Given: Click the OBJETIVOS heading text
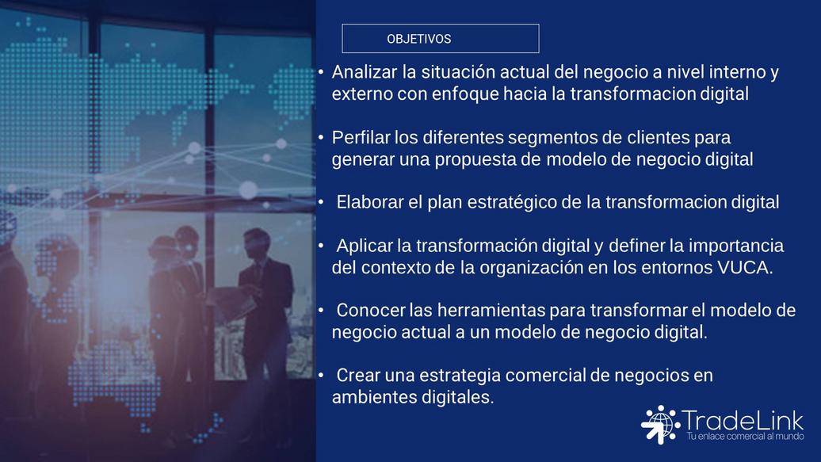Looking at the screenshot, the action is coord(419,39).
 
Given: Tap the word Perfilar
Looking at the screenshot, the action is coord(361,137).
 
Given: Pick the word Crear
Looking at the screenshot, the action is coord(358,375).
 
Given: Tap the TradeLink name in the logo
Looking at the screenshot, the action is coord(742,420).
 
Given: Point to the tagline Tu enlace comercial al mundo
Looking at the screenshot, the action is coord(745,436).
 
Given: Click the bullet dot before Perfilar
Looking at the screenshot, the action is coord(321,137).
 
